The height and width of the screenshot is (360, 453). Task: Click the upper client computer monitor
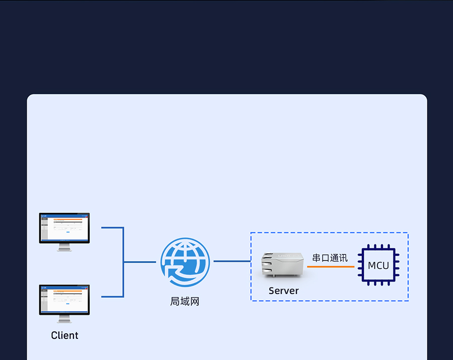[64, 228]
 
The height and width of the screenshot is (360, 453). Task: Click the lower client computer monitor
[64, 300]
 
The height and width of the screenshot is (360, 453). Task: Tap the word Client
[64, 335]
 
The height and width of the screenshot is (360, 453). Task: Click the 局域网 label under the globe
[185, 302]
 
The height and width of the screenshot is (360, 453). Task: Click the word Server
[283, 291]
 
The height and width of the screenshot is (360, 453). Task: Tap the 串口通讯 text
[330, 258]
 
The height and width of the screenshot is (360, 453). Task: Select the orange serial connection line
[330, 266]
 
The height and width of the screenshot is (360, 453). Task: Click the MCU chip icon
[379, 265]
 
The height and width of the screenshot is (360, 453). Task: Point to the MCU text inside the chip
[379, 265]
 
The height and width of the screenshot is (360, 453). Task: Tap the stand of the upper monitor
[64, 247]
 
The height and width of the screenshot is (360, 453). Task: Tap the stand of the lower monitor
[64, 319]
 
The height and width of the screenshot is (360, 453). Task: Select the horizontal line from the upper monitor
[112, 228]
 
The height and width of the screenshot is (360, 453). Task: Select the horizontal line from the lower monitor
[112, 297]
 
